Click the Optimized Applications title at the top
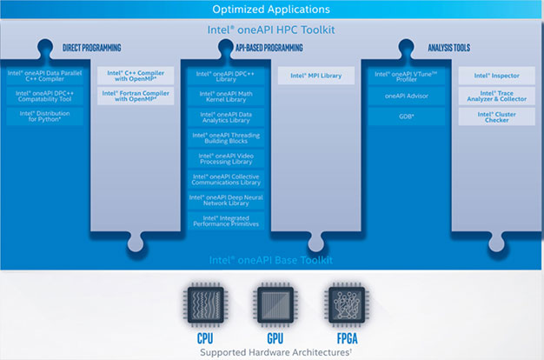pos(272,10)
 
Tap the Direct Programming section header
pos(91,48)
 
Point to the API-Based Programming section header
pos(272,48)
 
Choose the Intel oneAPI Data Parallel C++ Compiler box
pos(45,76)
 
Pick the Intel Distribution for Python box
pos(45,116)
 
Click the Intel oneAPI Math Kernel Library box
pos(227,96)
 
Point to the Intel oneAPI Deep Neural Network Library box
pos(227,199)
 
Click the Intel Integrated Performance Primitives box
pos(227,221)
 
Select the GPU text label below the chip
pos(272,337)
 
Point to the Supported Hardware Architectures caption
pos(272,351)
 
